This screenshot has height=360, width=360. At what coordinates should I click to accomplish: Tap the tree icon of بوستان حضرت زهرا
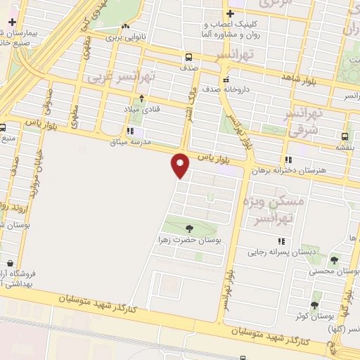188,228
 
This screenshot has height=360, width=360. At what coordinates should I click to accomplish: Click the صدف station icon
188,58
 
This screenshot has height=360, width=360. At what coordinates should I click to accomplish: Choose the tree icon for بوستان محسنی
334,259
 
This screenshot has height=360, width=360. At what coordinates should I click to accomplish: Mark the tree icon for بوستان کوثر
314,304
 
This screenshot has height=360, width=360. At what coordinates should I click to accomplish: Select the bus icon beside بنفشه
344,136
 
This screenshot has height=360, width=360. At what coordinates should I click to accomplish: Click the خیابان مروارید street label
32,183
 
